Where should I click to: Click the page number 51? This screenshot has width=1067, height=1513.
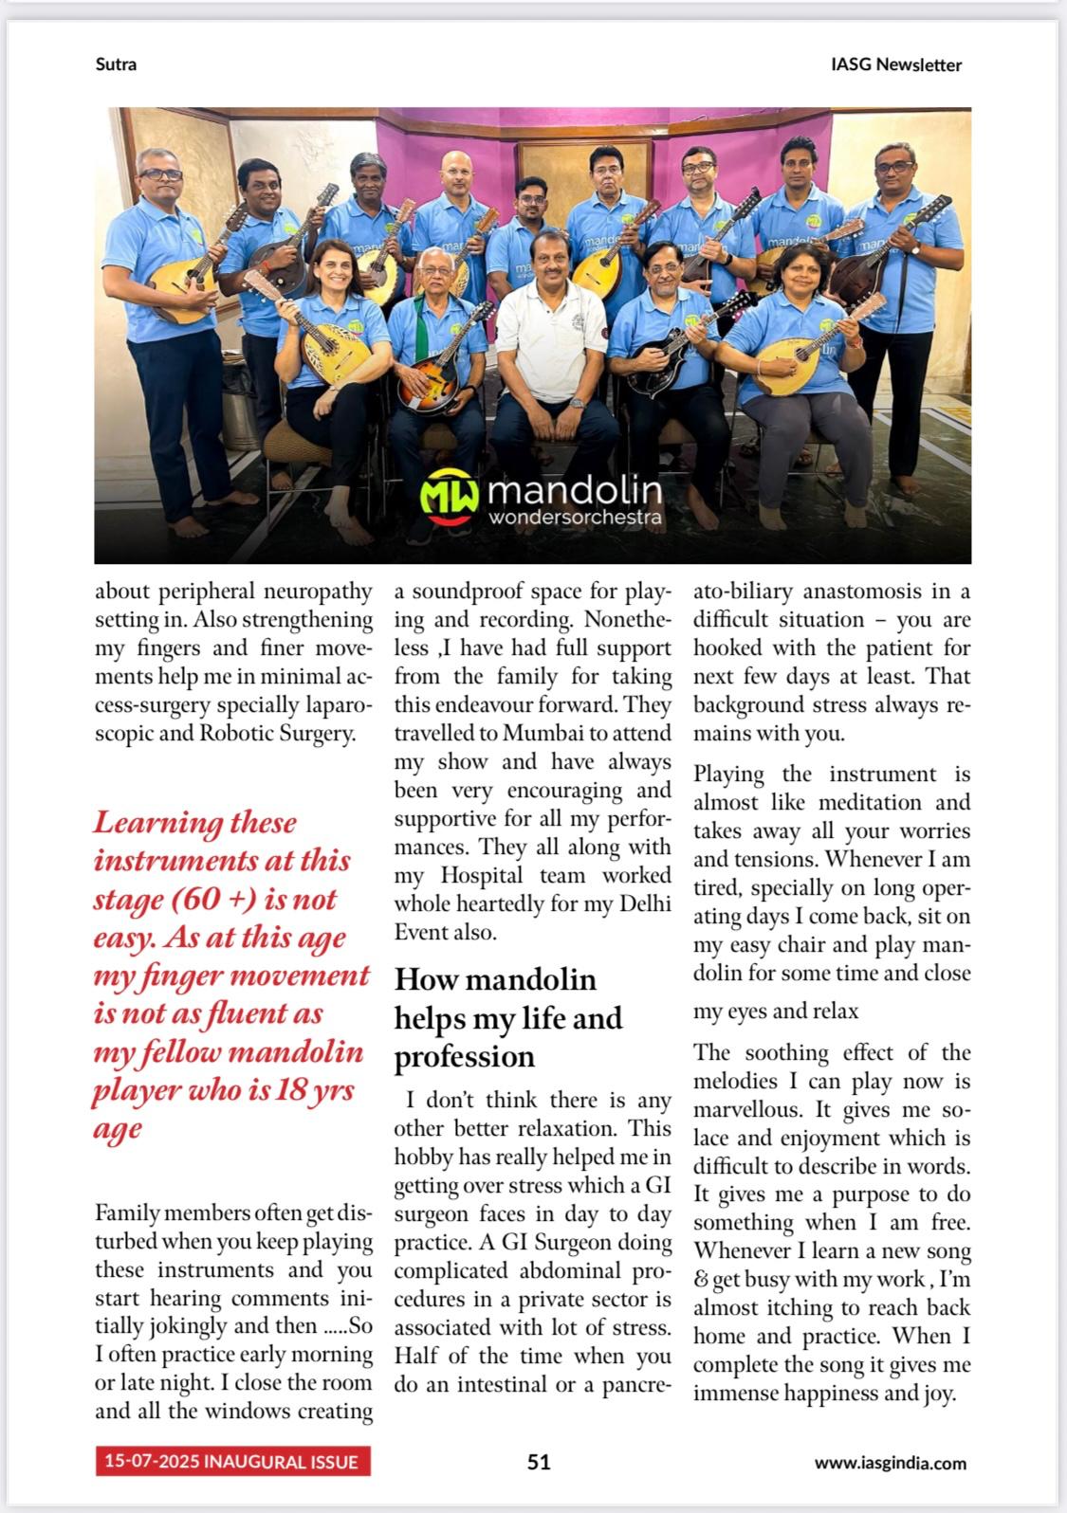click(539, 1461)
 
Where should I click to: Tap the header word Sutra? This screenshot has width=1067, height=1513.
click(116, 64)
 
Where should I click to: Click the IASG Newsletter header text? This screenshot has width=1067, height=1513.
click(895, 64)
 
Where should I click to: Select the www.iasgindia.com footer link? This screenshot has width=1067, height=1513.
click(890, 1462)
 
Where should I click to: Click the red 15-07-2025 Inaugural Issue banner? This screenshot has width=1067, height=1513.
click(232, 1461)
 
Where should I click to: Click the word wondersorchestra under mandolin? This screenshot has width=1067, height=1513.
click(574, 518)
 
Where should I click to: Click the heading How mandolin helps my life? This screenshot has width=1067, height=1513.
click(508, 1017)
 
